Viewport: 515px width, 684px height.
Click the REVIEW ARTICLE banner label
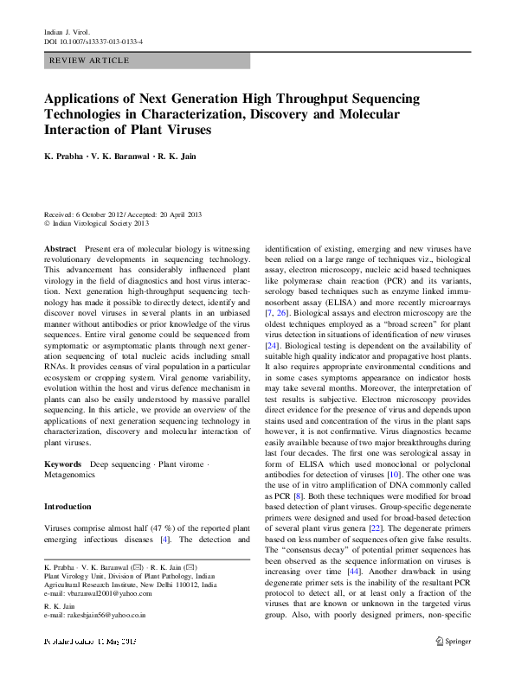(90, 61)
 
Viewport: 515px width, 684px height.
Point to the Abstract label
(60, 248)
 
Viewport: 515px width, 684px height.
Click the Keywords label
(63, 464)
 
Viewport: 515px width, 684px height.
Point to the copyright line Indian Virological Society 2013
(97, 222)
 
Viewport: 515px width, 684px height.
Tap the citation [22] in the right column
(376, 527)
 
